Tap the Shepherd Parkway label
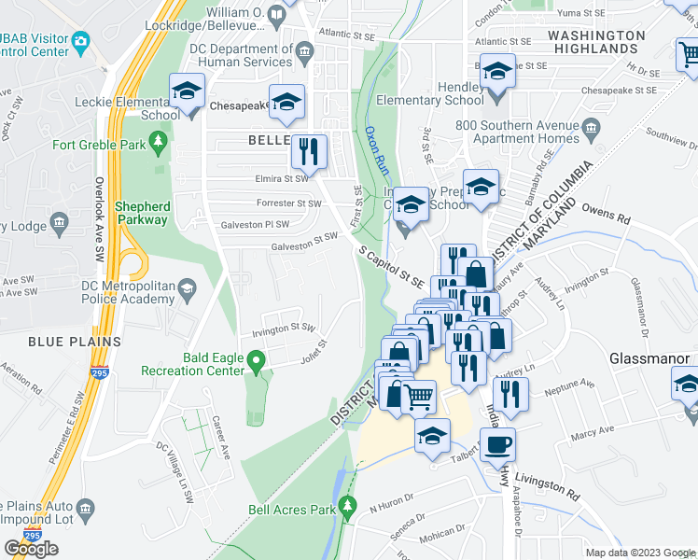tap(143, 213)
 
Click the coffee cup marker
tap(497, 445)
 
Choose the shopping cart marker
tap(419, 397)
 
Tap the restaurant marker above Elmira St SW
tap(309, 151)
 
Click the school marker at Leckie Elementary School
tap(188, 91)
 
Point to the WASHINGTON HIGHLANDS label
tap(595, 41)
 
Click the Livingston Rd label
tap(550, 483)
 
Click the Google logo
tap(31, 548)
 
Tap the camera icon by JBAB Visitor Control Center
tap(80, 41)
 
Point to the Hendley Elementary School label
tap(430, 92)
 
